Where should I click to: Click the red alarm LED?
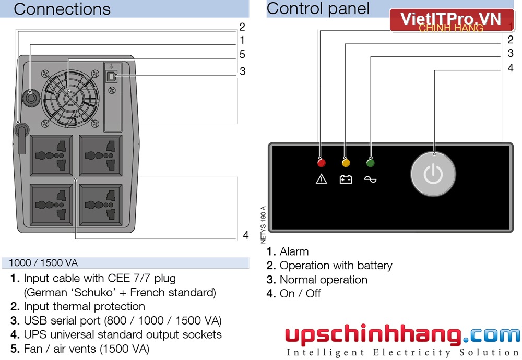pos(321,163)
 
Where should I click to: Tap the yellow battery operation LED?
pos(346,163)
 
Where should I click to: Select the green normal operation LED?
pos(370,163)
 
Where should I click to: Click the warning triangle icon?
pos(321,179)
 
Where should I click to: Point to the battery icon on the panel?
pos(346,179)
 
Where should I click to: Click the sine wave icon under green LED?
pos(370,179)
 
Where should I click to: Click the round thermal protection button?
pos(31,98)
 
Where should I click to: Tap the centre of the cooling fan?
pos(70,99)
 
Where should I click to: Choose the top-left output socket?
pos(51,155)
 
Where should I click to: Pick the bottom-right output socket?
pos(101,205)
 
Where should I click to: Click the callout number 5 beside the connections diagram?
pos(242,54)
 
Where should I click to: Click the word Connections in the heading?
pos(62,9)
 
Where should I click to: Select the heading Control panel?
pos(318,8)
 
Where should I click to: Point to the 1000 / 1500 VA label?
pos(43,263)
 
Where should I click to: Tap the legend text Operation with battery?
pos(336,266)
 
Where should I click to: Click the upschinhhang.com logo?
pos(402,340)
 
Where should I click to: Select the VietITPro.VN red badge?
pos(452,20)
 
